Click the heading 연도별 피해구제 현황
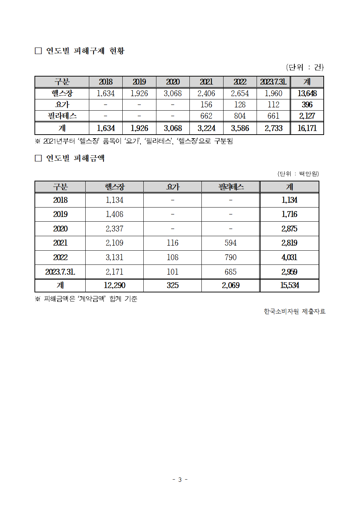[85, 51]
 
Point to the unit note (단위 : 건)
[304, 67]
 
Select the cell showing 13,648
[307, 94]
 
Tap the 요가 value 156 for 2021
[206, 105]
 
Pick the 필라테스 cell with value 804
[240, 116]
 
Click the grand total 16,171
[307, 128]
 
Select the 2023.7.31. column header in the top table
[273, 82]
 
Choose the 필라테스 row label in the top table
[62, 116]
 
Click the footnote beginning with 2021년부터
[134, 141]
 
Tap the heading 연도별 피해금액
[75, 158]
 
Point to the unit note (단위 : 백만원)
[298, 174]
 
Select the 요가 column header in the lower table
[172, 187]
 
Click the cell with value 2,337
[114, 229]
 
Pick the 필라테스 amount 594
[230, 243]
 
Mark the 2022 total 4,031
[289, 258]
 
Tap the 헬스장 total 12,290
[114, 286]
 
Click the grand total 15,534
[289, 286]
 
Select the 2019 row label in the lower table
[60, 214]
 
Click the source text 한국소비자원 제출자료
[294, 311]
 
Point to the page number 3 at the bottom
[180, 480]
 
